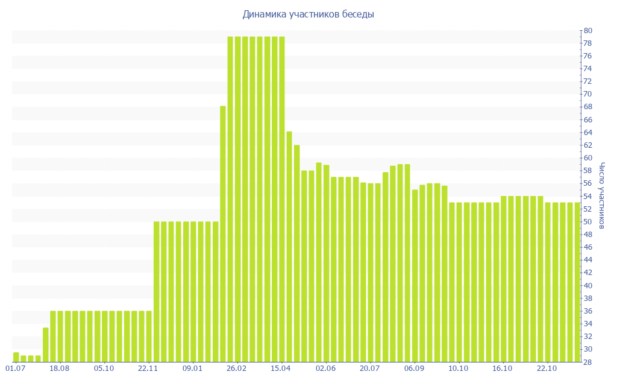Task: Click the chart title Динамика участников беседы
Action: point(308,14)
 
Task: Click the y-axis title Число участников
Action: point(603,195)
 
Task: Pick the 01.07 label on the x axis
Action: point(16,368)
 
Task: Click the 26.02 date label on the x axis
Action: point(237,368)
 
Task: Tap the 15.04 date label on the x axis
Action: point(281,368)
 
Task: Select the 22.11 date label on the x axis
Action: point(148,368)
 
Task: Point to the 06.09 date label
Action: point(415,368)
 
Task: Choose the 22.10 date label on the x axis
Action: point(547,368)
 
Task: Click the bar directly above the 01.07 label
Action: point(16,357)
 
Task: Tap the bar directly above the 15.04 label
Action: point(281,199)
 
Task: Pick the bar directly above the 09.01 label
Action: point(193,292)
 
